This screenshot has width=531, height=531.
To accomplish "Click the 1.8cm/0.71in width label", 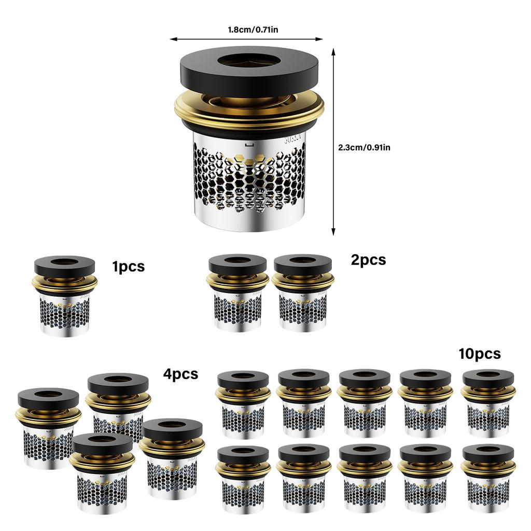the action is click(253, 30).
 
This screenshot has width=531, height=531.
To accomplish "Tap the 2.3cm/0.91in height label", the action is click(364, 148).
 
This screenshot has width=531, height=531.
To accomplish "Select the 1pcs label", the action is click(129, 267).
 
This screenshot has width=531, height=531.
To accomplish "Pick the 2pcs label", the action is click(369, 260).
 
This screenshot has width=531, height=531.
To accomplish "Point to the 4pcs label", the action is click(180, 374).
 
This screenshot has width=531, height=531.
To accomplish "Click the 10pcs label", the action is click(480, 354).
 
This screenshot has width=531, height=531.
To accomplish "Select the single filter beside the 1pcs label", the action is click(64, 296).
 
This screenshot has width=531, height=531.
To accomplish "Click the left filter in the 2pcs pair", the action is click(237, 293).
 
